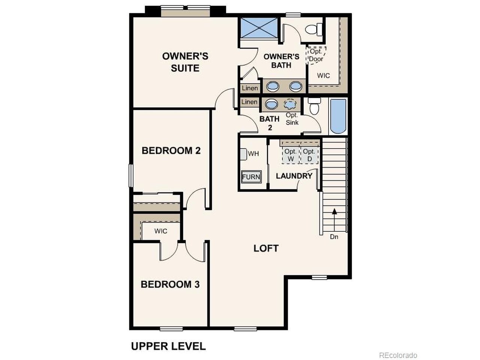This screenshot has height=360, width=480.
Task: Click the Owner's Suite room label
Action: pos(185,62)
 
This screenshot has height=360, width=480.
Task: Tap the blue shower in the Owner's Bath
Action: pos(259,28)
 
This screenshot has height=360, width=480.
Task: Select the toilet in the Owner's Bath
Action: pos(313,30)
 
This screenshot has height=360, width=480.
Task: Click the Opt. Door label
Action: pos(316,55)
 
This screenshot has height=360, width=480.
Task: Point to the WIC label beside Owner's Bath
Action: pos(323,76)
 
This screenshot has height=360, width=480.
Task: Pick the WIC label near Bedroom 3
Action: pos(160,231)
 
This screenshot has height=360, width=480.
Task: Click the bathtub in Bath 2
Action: pos(338,116)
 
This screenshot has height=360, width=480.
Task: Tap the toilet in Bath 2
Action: pos(314,106)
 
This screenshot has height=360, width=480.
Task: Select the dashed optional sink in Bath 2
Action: pos(290,104)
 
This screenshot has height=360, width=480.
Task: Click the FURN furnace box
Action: pos(251,177)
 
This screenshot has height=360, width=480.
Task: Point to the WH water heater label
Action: pos(253,154)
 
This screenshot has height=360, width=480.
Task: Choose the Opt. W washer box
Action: pos(290,155)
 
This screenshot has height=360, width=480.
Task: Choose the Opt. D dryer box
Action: pos(309,155)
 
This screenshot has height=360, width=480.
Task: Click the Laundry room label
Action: pos(294,176)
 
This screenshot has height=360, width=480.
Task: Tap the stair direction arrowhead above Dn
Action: pos(334,211)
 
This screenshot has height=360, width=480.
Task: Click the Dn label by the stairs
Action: pos(334,237)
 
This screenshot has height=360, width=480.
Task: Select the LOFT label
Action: pos(266,248)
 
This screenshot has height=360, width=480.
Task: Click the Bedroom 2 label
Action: pos(171,151)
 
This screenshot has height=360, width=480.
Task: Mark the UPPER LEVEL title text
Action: pos(168,346)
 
